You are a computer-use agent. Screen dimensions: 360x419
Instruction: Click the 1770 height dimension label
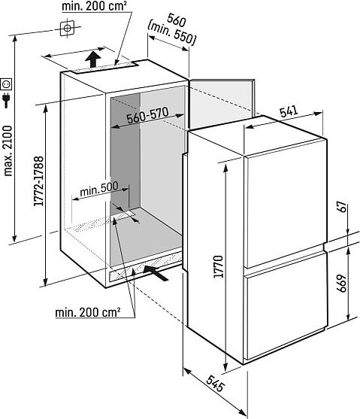[x=219, y=266]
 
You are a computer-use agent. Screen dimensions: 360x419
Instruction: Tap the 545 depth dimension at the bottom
[x=215, y=383]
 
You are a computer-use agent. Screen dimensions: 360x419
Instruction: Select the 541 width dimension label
[x=289, y=111]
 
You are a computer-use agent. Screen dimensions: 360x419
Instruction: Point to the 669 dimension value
[x=342, y=284]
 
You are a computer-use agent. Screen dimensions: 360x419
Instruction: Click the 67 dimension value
[x=342, y=207]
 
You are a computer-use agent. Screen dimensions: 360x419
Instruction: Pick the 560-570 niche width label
[x=147, y=115]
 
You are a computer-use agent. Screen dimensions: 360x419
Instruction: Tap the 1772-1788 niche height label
[x=39, y=181]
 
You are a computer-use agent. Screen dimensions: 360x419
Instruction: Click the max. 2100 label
[x=8, y=150]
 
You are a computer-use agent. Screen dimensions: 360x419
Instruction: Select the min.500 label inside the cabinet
[x=98, y=189]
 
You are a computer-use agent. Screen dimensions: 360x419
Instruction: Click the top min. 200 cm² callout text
[x=94, y=6]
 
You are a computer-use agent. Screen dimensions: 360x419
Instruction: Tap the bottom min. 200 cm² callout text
[x=88, y=312]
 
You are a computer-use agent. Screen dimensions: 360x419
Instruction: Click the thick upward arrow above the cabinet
[x=93, y=59]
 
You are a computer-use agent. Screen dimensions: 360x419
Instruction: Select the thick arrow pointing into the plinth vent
[x=156, y=272]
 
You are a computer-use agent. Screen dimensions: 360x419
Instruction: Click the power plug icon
[x=7, y=100]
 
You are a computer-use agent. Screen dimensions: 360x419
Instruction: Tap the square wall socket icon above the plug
[x=7, y=84]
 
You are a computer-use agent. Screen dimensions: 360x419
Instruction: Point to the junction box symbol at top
[x=67, y=28]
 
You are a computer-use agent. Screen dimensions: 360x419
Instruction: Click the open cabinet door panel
[x=222, y=103]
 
